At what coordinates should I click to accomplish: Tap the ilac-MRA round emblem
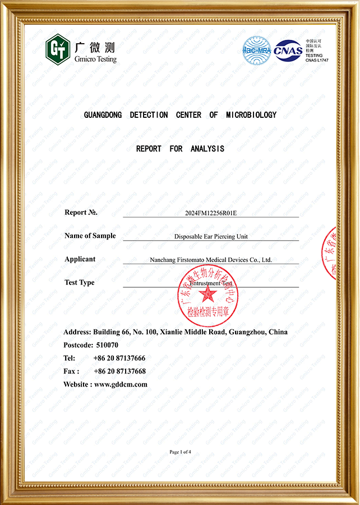pyautogui.click(x=256, y=49)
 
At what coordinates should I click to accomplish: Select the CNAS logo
pyautogui.click(x=288, y=50)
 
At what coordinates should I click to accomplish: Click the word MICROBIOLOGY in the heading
pyautogui.click(x=251, y=115)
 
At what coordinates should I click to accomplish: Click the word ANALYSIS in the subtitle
pyautogui.click(x=207, y=149)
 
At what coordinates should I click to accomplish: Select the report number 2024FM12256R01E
pyautogui.click(x=211, y=214)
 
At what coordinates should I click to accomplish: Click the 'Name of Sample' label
pyautogui.click(x=90, y=236)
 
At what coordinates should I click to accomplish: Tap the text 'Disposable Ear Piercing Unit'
pyautogui.click(x=211, y=237)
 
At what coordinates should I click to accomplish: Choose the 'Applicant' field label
pyautogui.click(x=80, y=259)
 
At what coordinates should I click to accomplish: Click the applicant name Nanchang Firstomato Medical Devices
pyautogui.click(x=211, y=260)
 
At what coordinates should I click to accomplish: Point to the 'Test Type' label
pyautogui.click(x=80, y=283)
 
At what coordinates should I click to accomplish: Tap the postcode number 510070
pyautogui.click(x=107, y=345)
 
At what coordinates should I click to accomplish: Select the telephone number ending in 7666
pyautogui.click(x=119, y=358)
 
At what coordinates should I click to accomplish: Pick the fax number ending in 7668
pyautogui.click(x=119, y=371)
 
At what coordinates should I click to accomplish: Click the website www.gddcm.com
pyautogui.click(x=121, y=384)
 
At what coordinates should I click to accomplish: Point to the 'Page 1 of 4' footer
pyautogui.click(x=180, y=452)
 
